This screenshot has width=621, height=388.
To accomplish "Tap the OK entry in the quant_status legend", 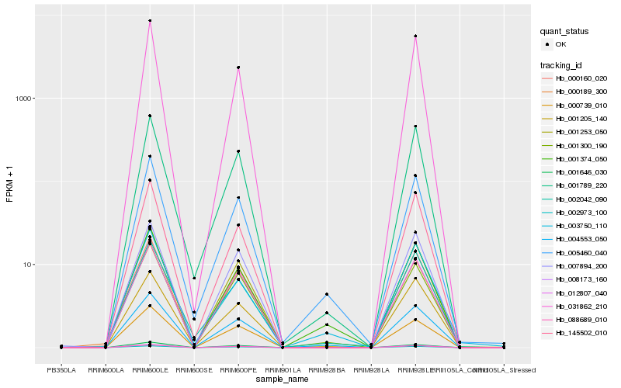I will pyautogui.click(x=560, y=44).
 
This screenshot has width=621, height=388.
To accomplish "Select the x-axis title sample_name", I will pyautogui.click(x=283, y=378).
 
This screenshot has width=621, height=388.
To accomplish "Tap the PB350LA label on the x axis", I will pyautogui.click(x=61, y=370).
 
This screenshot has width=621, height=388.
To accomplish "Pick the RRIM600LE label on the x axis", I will pyautogui.click(x=150, y=370).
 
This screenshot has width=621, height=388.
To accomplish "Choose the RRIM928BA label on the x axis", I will pyautogui.click(x=327, y=370).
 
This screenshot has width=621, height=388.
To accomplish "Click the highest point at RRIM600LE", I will pyautogui.click(x=150, y=21).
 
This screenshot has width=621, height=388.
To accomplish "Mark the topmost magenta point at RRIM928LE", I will pyautogui.click(x=415, y=36).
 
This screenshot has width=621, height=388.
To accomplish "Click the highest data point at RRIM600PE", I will pyautogui.click(x=238, y=68).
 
